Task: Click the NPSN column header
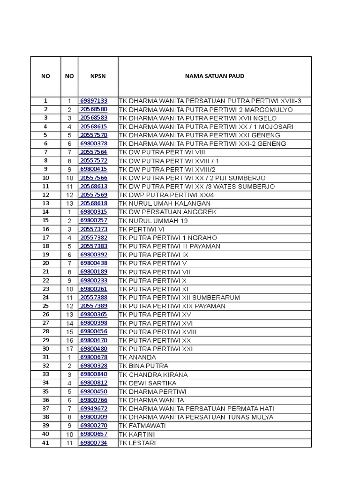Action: [98, 76]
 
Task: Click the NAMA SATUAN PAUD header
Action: [214, 76]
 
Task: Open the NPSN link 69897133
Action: [94, 101]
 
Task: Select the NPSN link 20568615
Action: [94, 127]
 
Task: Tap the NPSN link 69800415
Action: [94, 169]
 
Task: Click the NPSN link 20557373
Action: [94, 229]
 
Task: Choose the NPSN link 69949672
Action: [94, 408]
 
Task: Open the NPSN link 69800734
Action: [94, 442]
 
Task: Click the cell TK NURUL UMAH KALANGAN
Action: [165, 203]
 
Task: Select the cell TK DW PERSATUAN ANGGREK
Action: [168, 212]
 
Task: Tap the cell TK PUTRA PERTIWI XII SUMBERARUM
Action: [180, 298]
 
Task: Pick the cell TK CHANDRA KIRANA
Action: [153, 375]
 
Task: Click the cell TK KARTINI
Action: [137, 434]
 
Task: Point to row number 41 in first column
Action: [45, 442]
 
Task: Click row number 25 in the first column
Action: [45, 306]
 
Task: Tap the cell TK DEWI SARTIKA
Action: [148, 383]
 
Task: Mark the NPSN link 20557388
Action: [94, 298]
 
